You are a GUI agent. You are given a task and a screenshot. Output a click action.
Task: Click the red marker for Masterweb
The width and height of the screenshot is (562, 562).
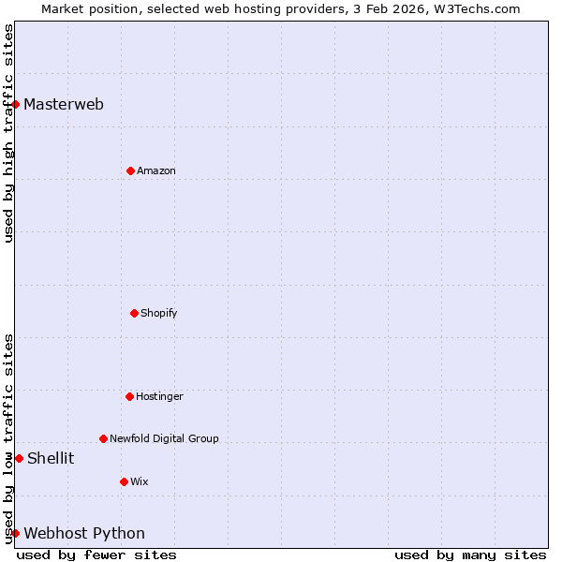[x=15, y=104]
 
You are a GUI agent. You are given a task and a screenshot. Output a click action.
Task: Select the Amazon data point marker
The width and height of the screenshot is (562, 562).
[x=130, y=170]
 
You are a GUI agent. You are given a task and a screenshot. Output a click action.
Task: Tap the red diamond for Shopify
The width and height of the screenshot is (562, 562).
[x=134, y=313]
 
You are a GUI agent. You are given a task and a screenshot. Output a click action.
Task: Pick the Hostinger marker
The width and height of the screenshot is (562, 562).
[x=129, y=396]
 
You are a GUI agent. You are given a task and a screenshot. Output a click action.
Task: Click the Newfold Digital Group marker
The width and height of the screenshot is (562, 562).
[x=103, y=438]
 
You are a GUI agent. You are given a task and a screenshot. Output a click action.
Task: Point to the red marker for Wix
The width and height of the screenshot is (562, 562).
[x=124, y=481]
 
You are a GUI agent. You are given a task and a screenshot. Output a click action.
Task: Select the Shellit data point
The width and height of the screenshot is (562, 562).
[x=19, y=458]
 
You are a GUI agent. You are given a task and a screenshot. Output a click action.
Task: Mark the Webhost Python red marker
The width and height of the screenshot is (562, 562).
[x=15, y=533]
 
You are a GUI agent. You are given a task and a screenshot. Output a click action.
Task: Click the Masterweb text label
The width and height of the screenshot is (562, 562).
[x=64, y=104]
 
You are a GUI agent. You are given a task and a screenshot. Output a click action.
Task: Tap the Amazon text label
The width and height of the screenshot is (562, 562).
[x=156, y=170]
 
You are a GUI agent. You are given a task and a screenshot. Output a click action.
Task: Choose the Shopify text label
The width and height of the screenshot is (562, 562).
[x=159, y=313]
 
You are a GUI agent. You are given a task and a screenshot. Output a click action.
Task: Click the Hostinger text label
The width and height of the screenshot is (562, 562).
[x=159, y=396]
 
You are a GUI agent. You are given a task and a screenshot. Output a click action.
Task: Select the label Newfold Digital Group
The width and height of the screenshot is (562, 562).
[x=164, y=438]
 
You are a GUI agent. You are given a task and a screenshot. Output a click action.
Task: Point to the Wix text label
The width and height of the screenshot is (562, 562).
[x=140, y=481]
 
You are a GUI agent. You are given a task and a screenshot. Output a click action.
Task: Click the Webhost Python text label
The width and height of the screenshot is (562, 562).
[x=84, y=533]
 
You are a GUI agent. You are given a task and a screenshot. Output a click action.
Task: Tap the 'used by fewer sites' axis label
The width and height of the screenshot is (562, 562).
[x=96, y=555]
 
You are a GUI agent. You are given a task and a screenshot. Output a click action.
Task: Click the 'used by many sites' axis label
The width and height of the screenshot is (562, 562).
[x=470, y=555]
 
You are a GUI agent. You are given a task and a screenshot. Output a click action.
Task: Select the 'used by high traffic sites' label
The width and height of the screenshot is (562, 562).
[x=8, y=133]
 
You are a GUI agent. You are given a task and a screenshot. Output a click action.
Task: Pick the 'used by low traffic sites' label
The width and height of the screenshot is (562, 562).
[x=8, y=438]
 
